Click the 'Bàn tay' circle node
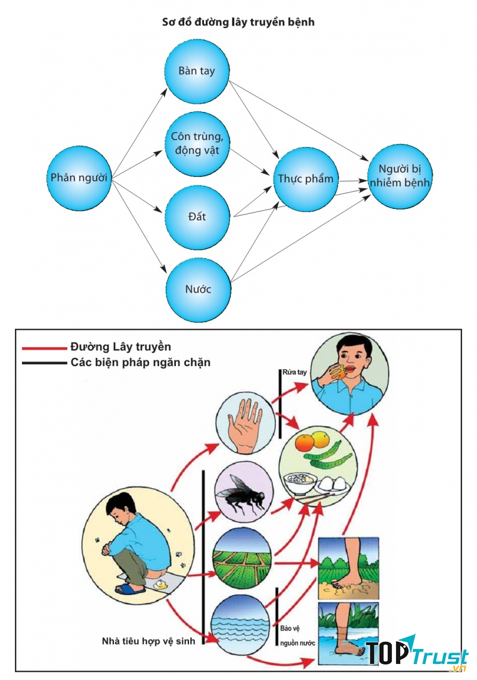tap(197, 71)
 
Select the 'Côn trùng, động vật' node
tap(197, 144)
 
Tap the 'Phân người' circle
tap(79, 178)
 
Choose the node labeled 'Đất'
tap(198, 217)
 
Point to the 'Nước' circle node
tap(198, 290)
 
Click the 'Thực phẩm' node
tap(306, 179)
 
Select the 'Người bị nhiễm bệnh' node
tap(399, 176)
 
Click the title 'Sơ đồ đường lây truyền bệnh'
tap(238, 22)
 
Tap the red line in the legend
tap(44, 347)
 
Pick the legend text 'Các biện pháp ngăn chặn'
tap(140, 363)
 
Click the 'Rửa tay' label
tap(295, 372)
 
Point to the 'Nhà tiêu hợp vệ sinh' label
tap(148, 641)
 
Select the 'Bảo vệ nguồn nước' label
tap(298, 635)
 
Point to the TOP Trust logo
tap(416, 654)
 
